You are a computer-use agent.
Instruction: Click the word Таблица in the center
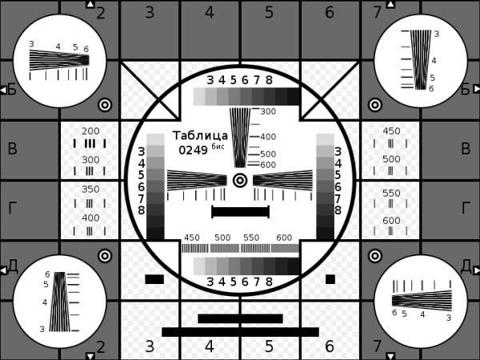tap(200, 136)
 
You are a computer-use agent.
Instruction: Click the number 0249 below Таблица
tap(193, 150)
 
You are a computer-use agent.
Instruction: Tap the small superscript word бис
tap(218, 146)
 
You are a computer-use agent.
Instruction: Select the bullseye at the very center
tap(240, 180)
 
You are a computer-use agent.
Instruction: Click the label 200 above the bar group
tap(90, 131)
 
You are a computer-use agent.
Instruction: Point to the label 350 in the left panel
tap(90, 189)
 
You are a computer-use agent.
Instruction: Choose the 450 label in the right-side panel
tap(391, 131)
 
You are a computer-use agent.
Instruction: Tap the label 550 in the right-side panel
tap(391, 193)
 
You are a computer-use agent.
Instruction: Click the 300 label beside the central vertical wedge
tap(268, 111)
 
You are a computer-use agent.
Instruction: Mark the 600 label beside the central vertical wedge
tap(268, 165)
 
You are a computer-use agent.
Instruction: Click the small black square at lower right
tap(330, 279)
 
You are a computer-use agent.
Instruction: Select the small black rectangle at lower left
tap(154, 279)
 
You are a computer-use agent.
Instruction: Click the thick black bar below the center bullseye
tap(240, 212)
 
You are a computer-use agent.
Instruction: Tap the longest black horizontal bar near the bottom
tap(240, 332)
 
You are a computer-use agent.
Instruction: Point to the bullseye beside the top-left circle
tap(105, 105)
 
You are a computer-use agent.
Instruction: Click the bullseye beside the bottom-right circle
tap(375, 256)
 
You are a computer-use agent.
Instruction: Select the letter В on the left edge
tap(12, 149)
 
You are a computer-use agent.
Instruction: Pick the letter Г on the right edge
tap(466, 208)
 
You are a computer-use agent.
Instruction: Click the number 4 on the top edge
tap(210, 13)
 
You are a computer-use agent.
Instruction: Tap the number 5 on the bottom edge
tap(269, 346)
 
